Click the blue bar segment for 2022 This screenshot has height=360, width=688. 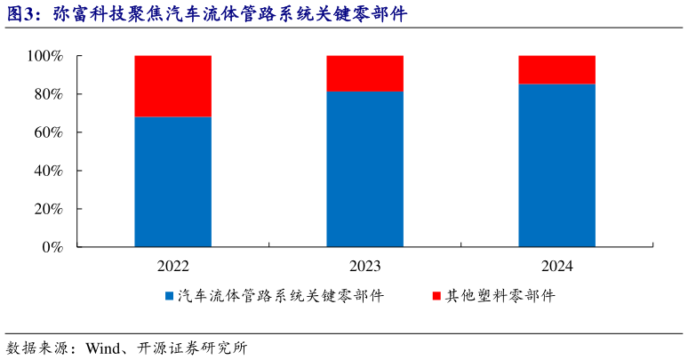tap(172, 181)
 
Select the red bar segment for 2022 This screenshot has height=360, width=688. tap(172, 86)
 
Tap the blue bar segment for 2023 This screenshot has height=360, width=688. tap(364, 169)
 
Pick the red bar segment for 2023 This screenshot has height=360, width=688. tap(364, 74)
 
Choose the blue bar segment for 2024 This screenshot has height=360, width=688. tap(556, 165)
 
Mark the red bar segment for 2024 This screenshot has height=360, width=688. tap(556, 70)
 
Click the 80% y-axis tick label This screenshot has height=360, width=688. tap(48, 94)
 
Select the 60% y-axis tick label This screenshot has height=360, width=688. tap(48, 132)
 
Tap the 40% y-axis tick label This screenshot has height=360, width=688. tap(48, 171)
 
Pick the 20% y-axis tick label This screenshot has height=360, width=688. tap(48, 209)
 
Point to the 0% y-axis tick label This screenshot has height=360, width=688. tap(52, 247)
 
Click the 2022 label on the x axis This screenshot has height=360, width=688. tap(172, 266)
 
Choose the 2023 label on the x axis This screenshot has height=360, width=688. tap(364, 266)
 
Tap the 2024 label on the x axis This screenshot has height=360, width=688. tap(556, 266)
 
